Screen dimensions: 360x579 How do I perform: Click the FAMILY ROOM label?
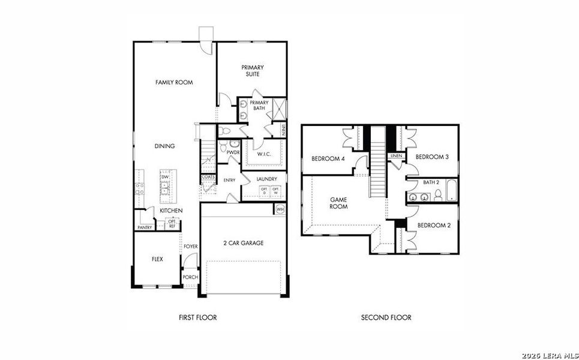click(x=174, y=82)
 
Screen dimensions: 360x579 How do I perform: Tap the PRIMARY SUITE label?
click(x=253, y=71)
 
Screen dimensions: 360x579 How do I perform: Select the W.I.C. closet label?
click(x=264, y=154)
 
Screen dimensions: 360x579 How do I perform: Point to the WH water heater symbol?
click(x=280, y=209)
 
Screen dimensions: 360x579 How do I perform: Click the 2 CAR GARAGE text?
click(x=243, y=243)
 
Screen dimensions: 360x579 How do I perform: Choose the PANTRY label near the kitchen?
click(x=144, y=227)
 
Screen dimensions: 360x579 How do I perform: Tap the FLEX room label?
click(x=157, y=259)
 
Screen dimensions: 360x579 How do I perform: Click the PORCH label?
click(x=190, y=277)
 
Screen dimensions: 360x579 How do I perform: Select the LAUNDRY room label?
click(x=266, y=179)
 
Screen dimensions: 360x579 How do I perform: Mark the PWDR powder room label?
click(x=233, y=153)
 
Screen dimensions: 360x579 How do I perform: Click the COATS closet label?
click(x=208, y=177)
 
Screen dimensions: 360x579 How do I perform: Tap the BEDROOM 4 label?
click(x=328, y=158)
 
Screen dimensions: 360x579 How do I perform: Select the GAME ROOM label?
click(x=339, y=202)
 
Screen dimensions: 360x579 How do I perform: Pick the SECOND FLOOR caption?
click(x=386, y=317)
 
